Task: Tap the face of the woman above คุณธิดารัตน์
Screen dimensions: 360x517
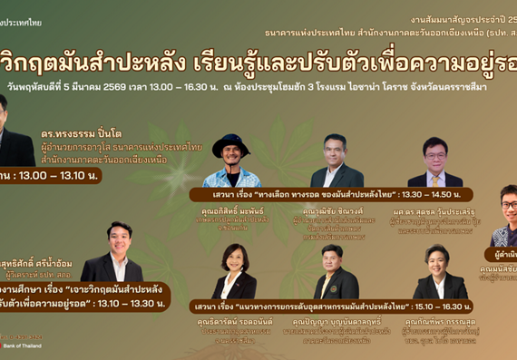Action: (x=235, y=259)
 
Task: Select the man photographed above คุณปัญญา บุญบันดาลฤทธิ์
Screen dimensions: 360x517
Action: (x=331, y=272)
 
